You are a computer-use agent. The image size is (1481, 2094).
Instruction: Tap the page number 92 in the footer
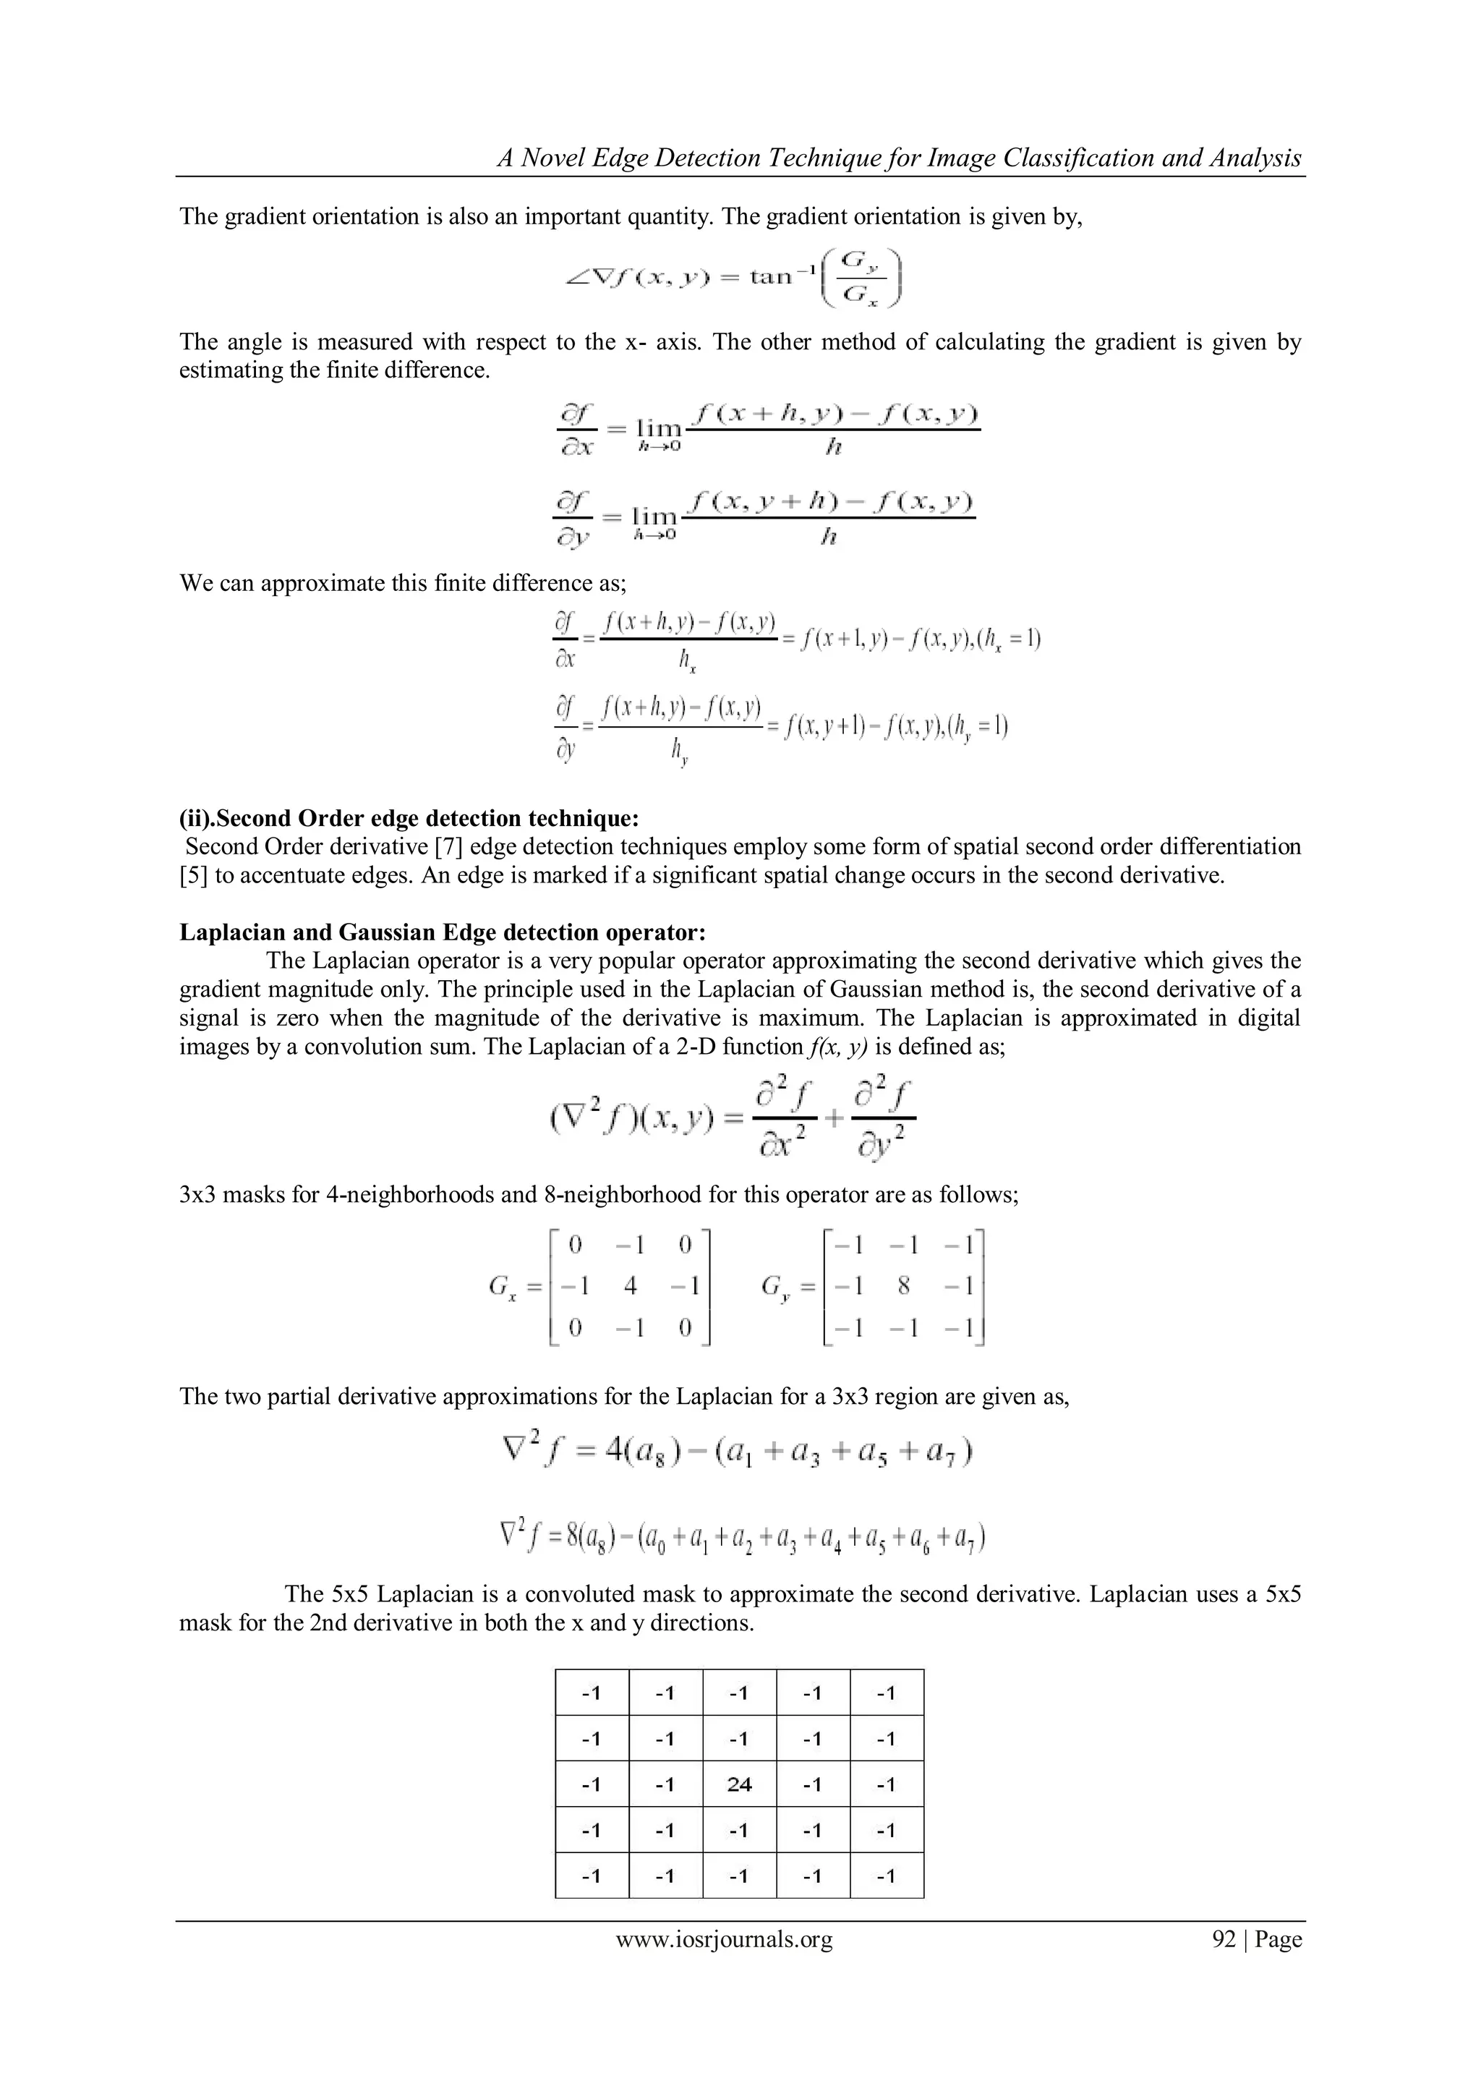[x=1223, y=1939]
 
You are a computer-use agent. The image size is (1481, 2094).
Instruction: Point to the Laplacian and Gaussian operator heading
[x=443, y=932]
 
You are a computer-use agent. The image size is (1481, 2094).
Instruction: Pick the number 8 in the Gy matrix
[x=904, y=1286]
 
